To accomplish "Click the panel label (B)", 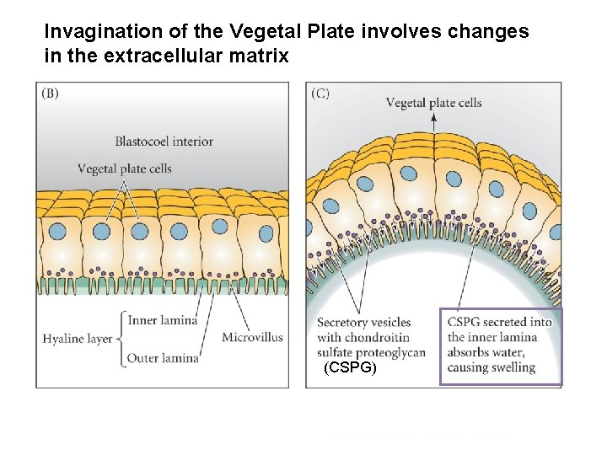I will tap(50, 94).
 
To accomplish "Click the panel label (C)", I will tap(320, 94).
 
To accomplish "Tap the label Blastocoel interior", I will tap(164, 142).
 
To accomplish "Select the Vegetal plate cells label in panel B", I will tap(124, 169).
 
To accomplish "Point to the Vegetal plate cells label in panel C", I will tap(433, 103).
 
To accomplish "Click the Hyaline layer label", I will tap(77, 339).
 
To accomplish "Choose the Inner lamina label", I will tap(162, 319).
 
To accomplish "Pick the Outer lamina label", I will tap(162, 358).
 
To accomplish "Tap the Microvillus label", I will tap(252, 338).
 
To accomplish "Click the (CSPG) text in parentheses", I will tap(351, 368).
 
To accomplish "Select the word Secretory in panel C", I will tap(342, 322).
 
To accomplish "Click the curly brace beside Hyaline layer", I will tap(120, 339).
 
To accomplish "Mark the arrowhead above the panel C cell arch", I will tap(433, 120).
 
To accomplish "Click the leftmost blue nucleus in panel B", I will tap(57, 229).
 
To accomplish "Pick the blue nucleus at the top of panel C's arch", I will tap(409, 174).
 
